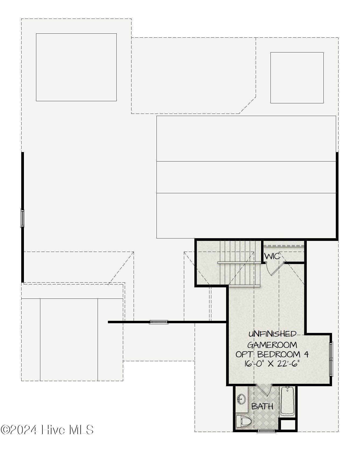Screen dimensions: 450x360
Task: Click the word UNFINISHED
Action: pos(272,334)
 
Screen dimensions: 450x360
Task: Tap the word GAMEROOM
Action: pos(272,345)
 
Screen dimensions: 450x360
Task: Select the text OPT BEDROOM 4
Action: pos(272,354)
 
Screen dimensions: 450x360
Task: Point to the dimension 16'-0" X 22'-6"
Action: pos(272,364)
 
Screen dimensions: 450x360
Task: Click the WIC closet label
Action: pos(272,256)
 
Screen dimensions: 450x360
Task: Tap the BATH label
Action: pos(262,406)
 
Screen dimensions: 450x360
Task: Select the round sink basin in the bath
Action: pos(241,399)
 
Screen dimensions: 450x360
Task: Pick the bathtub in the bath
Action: pos(287,401)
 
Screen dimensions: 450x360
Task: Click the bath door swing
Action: pos(263,391)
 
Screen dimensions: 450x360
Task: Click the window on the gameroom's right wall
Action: pos(331,359)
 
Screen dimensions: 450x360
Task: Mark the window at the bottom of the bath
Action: pos(266,431)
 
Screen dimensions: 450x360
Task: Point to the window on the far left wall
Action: pos(23,218)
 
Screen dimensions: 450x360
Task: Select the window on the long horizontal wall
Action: pos(159,322)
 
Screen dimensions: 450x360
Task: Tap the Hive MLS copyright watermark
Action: pos(47,430)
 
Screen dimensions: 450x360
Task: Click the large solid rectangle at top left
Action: pos(76,67)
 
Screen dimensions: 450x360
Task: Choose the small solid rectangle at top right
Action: pos(297,78)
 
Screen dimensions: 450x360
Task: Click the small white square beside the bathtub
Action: pos(288,425)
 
